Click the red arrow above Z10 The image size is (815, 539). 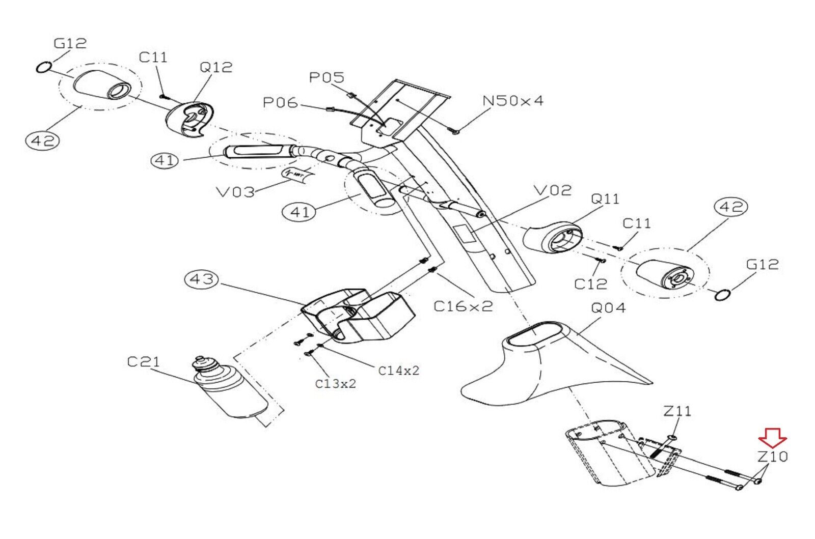tap(772, 437)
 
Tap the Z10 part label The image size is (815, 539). tap(772, 457)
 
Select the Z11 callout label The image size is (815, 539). tap(677, 411)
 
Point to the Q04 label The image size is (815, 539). tap(608, 308)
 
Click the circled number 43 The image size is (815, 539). tap(202, 279)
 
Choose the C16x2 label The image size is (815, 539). tap(463, 306)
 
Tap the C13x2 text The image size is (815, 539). tap(335, 384)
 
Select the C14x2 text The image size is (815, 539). tap(398, 371)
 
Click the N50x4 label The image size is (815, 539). tap(512, 101)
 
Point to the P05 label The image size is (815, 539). tap(327, 77)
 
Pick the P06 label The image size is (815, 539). tap(280, 102)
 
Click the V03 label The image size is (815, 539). tap(235, 192)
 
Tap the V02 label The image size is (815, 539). tap(553, 190)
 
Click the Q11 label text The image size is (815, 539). tap(605, 198)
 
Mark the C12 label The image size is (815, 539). tap(590, 283)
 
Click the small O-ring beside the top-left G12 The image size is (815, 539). tap(44, 67)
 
